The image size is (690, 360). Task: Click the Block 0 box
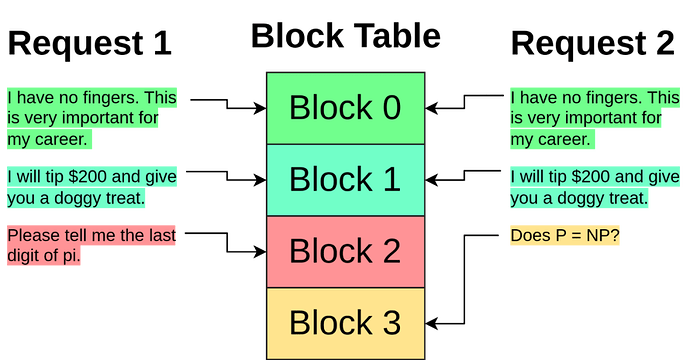coord(345,108)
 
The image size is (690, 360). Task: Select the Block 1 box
coord(345,180)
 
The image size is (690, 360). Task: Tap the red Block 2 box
coord(345,252)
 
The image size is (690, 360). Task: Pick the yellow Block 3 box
coord(345,323)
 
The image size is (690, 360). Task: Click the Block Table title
coord(345,36)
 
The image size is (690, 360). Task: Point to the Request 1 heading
coord(90,43)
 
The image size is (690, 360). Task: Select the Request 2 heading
coord(593,43)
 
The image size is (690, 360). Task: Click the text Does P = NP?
coord(565,235)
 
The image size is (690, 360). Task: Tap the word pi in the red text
coord(71,255)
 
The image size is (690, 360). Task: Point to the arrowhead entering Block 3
coord(431,323)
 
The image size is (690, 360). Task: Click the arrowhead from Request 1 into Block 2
coord(261,252)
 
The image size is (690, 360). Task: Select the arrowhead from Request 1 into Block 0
coord(261,108)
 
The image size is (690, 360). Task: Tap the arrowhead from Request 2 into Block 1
coord(431,180)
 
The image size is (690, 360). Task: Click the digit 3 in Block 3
coord(391,323)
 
